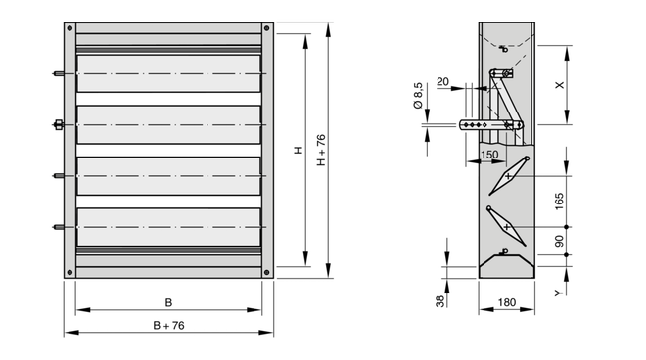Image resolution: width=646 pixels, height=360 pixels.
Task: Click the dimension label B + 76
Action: pos(169,326)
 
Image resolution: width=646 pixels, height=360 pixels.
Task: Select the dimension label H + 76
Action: pos(321,151)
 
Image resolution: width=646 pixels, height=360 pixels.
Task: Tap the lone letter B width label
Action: pos(168,302)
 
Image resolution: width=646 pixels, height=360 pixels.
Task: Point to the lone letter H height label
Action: pos(299,151)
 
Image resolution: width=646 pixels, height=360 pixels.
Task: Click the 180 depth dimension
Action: pos(507,302)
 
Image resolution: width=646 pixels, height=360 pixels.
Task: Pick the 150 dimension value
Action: pos(489,155)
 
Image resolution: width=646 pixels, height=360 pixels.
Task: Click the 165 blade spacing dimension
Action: pos(559,202)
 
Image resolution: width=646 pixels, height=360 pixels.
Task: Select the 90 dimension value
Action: pos(559,241)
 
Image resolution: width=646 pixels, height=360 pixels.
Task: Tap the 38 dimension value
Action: pos(440,301)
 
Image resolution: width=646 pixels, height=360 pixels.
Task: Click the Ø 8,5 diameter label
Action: pos(418,96)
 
